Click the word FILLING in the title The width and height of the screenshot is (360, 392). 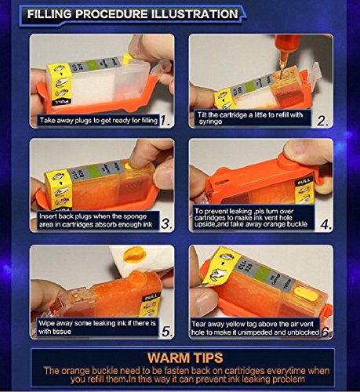click(49, 14)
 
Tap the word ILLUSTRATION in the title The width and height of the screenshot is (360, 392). click(195, 14)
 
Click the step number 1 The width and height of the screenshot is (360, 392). click(165, 121)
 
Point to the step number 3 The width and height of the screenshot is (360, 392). click(166, 224)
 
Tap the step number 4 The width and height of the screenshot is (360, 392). click(326, 224)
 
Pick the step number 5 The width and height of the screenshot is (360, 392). click(167, 332)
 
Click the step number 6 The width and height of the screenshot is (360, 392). click(325, 332)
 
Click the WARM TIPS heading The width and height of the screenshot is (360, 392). click(185, 358)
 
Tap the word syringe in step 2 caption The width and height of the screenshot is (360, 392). click(210, 122)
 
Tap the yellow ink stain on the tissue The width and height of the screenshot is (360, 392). click(133, 253)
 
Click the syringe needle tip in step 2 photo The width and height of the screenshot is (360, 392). click(282, 77)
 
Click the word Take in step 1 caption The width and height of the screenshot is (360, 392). click(47, 120)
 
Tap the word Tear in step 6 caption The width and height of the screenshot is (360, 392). click(198, 325)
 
